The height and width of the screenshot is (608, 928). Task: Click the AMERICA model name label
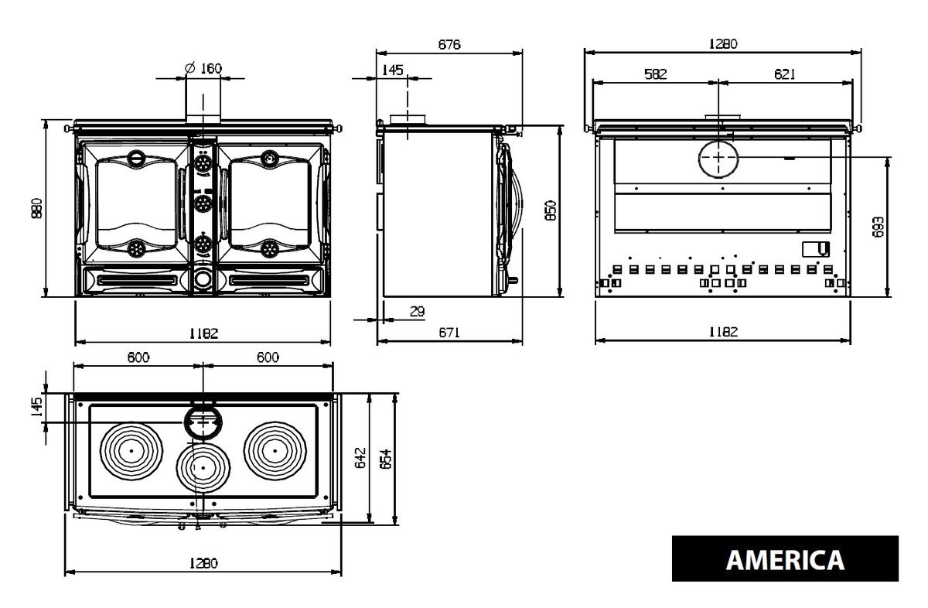pos(785,560)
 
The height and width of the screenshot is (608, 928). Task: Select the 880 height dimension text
pos(36,208)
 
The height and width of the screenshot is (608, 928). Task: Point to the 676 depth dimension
pos(449,44)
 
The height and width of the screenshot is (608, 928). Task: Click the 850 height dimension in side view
pos(551,210)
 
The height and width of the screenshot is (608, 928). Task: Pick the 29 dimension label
pos(417,311)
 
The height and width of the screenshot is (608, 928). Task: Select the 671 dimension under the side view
pos(449,333)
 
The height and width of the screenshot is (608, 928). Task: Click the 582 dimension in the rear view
pos(656,74)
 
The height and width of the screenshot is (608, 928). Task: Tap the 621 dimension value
pos(785,74)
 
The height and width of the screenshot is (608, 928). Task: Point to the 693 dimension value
pos(878,227)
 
